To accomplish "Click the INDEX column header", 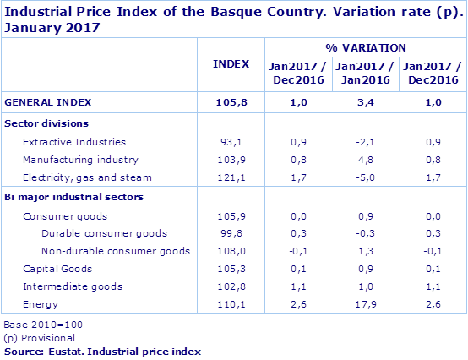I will click(x=231, y=63).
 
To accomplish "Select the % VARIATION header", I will click(x=365, y=47).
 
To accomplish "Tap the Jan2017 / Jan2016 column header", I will click(x=365, y=73).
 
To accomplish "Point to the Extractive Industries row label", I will click(x=74, y=142).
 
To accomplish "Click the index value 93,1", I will click(x=231, y=142).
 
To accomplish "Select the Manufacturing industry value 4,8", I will click(x=365, y=159).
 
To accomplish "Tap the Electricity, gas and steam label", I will click(x=87, y=177).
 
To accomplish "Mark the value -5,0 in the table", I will click(x=365, y=177).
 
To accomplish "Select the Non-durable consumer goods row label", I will click(x=116, y=251).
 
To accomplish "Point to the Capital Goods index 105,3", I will click(x=231, y=269).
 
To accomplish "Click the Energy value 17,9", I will click(x=365, y=304).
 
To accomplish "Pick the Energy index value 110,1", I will click(x=231, y=304).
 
